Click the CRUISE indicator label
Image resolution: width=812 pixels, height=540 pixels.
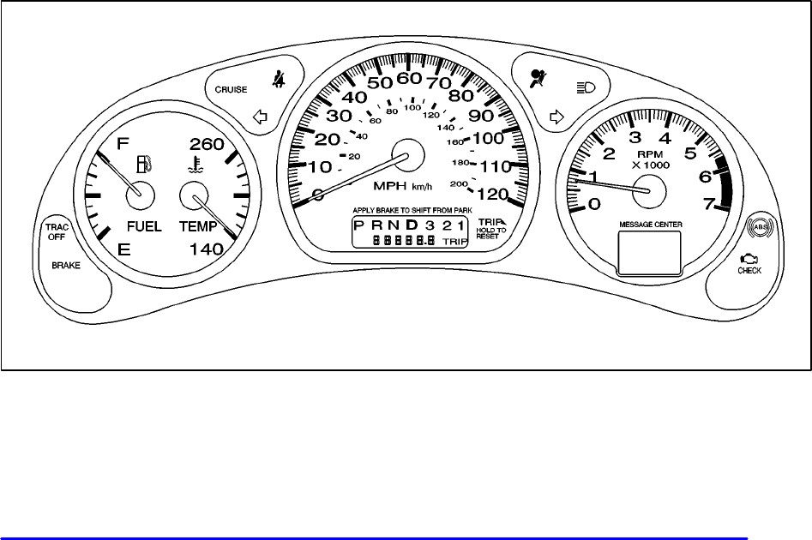point(231,89)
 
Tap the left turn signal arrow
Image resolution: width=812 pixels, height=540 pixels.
point(262,117)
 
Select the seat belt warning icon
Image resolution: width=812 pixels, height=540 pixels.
point(278,81)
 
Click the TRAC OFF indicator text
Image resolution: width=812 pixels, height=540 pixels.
point(56,231)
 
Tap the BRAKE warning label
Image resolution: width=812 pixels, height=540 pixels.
point(66,266)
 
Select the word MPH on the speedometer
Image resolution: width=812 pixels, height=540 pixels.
point(390,186)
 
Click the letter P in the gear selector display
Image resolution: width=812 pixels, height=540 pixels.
point(358,225)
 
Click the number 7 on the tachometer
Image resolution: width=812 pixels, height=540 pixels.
point(708,203)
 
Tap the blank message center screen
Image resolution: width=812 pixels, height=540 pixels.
point(649,250)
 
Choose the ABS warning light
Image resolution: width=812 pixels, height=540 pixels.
point(759,227)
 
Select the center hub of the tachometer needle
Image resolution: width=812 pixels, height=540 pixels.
point(648,192)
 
